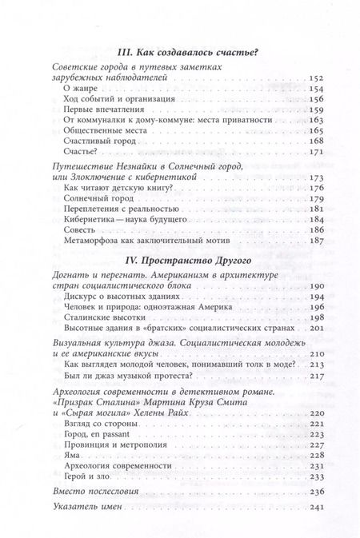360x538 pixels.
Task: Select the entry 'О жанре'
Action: (80, 93)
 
